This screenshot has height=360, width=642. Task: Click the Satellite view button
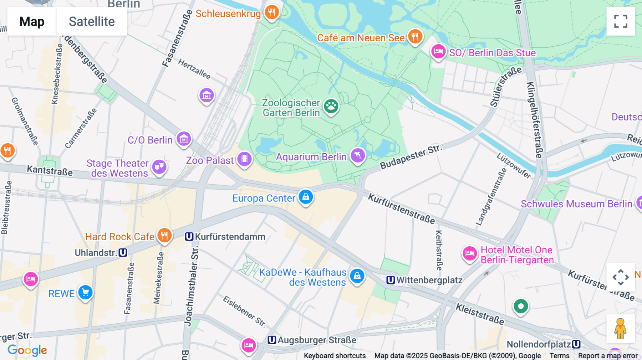92,21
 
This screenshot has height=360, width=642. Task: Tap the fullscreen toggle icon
621,21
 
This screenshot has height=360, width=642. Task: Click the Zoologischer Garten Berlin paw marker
331,106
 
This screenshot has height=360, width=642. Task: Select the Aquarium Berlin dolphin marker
358,156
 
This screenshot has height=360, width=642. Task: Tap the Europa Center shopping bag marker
306,197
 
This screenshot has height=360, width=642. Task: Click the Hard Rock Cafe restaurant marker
164,236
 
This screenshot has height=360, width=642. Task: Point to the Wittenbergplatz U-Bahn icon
391,280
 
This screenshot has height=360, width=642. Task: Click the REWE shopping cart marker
85,293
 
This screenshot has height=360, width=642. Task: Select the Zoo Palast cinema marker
244,159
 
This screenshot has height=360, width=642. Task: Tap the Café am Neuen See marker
415,36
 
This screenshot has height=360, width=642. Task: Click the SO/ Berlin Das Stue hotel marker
438,52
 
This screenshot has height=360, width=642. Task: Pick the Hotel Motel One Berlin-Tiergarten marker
470,254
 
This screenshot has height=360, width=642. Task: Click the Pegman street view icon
620,329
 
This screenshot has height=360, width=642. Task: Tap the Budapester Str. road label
411,157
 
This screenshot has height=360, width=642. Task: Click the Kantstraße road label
50,170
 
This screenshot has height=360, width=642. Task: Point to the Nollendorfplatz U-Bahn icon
576,344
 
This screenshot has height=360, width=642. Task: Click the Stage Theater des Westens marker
159,166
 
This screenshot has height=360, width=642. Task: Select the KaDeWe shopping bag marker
357,276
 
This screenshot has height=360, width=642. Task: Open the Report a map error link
608,356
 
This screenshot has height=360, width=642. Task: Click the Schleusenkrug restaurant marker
272,12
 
